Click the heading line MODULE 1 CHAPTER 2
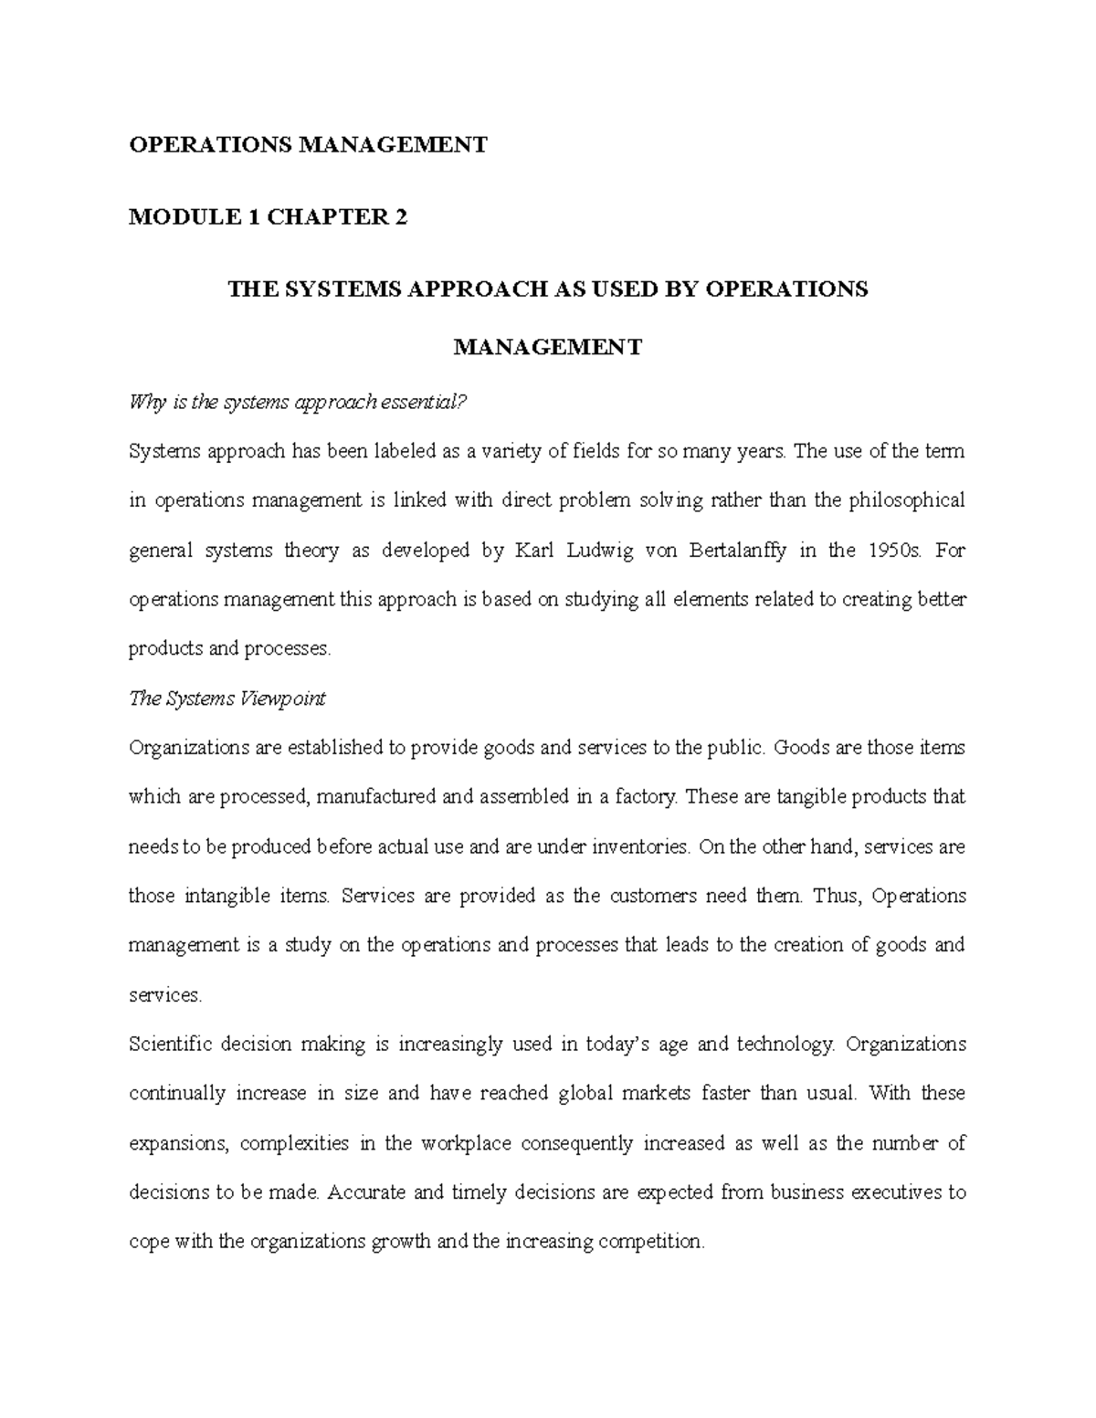tap(268, 217)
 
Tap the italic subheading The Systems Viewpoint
tap(227, 698)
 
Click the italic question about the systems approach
tap(298, 402)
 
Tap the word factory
tap(647, 797)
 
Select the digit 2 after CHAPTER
tap(399, 217)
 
